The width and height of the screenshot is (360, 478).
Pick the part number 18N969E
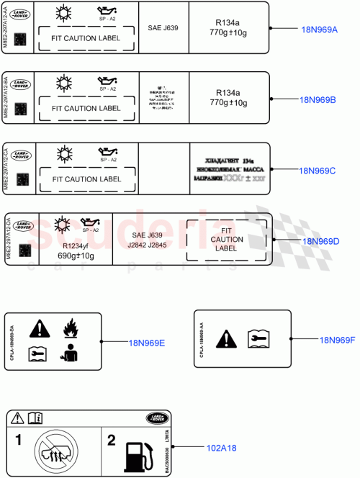point(147,343)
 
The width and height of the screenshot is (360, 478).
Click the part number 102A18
point(222,448)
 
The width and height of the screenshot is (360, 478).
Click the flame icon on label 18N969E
point(70,330)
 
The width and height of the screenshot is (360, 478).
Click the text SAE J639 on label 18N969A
point(163,28)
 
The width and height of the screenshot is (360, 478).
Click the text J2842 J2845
point(147,243)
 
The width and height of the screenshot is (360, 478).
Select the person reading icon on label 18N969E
point(70,354)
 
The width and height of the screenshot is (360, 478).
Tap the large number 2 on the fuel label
point(112,439)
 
